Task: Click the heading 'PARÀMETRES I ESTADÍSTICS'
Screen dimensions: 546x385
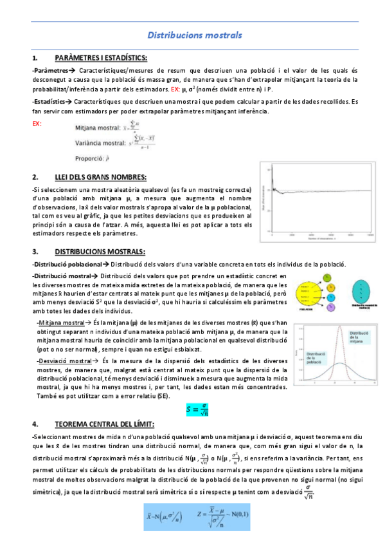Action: [x=102, y=57]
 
